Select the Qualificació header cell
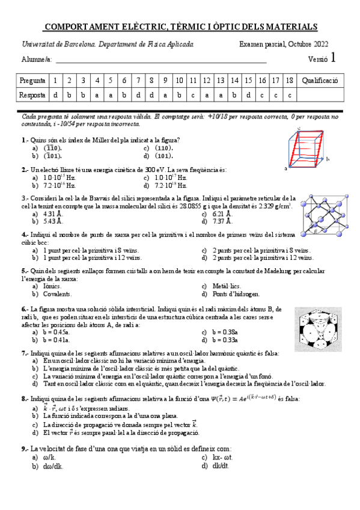coord(320,80)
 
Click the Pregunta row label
coord(32,80)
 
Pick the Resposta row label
coord(32,95)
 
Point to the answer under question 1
coord(55,95)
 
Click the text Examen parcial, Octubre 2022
coord(284,44)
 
